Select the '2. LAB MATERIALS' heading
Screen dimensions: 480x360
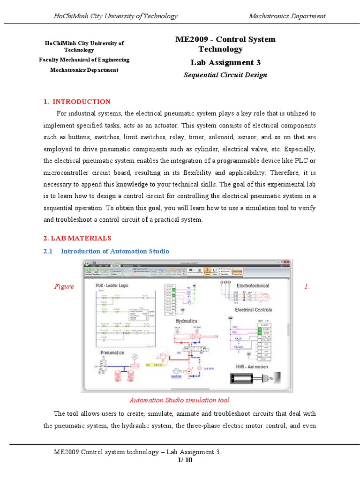77,238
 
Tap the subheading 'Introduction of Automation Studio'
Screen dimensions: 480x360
115,251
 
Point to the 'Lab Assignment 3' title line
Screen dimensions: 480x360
225,63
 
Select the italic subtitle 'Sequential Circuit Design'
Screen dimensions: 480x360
225,75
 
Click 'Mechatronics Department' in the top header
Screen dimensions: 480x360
287,16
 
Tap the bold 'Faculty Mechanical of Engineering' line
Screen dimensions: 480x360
84,60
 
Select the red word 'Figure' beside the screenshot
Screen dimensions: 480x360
64,286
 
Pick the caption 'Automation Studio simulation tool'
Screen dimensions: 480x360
179,400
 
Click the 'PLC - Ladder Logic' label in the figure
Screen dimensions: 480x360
112,285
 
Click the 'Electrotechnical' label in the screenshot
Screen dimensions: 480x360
252,285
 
